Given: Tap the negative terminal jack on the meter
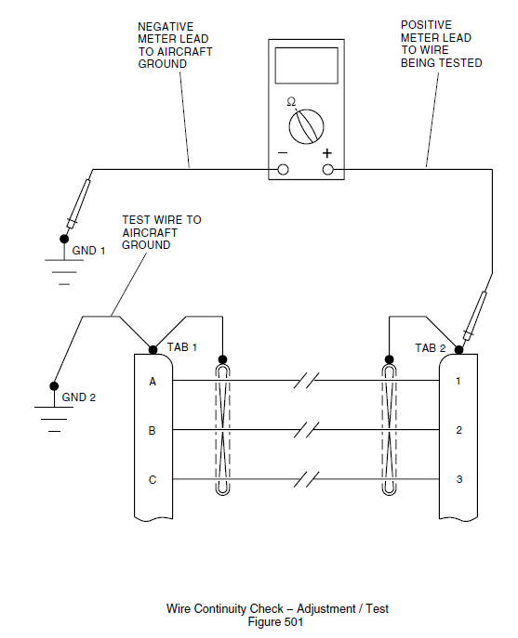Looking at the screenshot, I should coord(284,169).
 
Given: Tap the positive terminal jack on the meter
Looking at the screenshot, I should coord(327,169).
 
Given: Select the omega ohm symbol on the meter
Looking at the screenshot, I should coord(291,100).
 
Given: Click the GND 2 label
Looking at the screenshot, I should coord(79,397).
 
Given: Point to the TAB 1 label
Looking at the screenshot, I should coord(182,346).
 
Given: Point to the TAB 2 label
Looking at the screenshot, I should coord(431,348).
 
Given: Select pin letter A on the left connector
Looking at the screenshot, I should coord(152,381).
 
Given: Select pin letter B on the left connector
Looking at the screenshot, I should coord(152,431).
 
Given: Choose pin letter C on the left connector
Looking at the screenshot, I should coord(152,480).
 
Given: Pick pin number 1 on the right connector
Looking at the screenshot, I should coord(458,381).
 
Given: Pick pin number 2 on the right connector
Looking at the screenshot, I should coord(458,431).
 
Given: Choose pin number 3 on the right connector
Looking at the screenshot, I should coord(458,480).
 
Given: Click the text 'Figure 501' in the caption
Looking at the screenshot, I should coord(277,622).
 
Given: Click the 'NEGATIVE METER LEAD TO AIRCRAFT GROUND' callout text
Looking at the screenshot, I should coord(175,45).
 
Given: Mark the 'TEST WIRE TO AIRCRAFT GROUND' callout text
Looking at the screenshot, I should coord(161,232).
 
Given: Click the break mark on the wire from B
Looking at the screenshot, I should coord(307,431).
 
